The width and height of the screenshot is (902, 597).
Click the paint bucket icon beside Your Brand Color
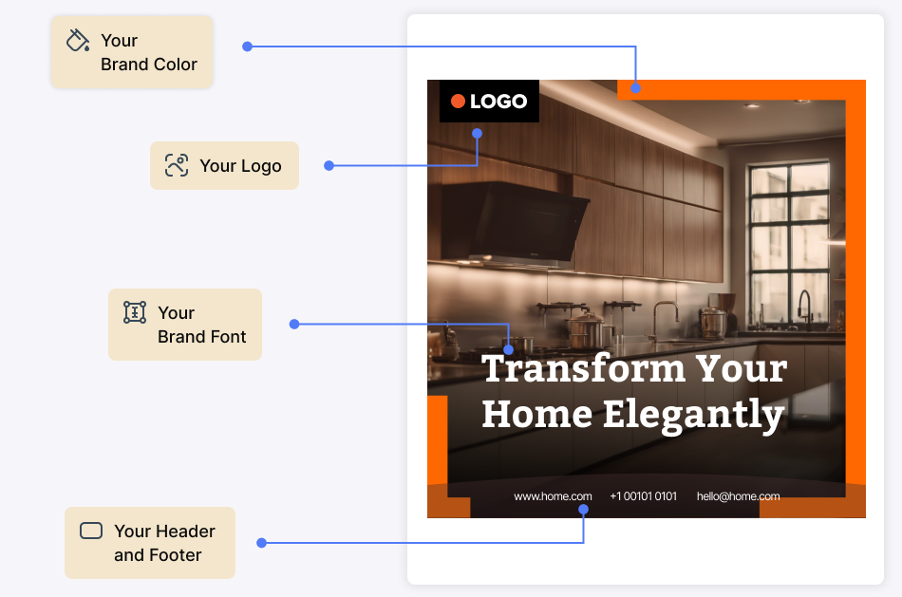pos(78,40)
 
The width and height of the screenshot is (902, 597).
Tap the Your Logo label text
pos(240,166)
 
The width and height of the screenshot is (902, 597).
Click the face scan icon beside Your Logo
pos(177,165)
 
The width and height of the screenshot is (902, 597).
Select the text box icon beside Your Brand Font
pos(135,312)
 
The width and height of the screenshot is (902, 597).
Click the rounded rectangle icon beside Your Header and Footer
pos(91,531)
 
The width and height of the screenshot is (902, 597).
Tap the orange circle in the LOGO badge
pos(458,102)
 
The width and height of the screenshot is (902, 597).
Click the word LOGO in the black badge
pos(498,102)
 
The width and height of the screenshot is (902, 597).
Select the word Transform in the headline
pos(584,368)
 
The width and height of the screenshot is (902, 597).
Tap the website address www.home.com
pos(553,496)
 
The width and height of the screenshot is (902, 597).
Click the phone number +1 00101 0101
pos(643,496)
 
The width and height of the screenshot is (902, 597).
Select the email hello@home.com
pos(738,496)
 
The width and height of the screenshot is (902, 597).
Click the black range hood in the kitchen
pos(515,224)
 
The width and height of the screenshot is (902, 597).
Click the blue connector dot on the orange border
pos(635,88)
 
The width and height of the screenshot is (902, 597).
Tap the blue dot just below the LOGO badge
pos(477,134)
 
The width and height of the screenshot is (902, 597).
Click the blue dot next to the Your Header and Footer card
pos(261,542)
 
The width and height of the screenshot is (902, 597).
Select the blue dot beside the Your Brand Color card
pos(248,47)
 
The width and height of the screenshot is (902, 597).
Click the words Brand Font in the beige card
pos(202,336)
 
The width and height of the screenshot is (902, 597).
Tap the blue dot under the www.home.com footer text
pos(583,509)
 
